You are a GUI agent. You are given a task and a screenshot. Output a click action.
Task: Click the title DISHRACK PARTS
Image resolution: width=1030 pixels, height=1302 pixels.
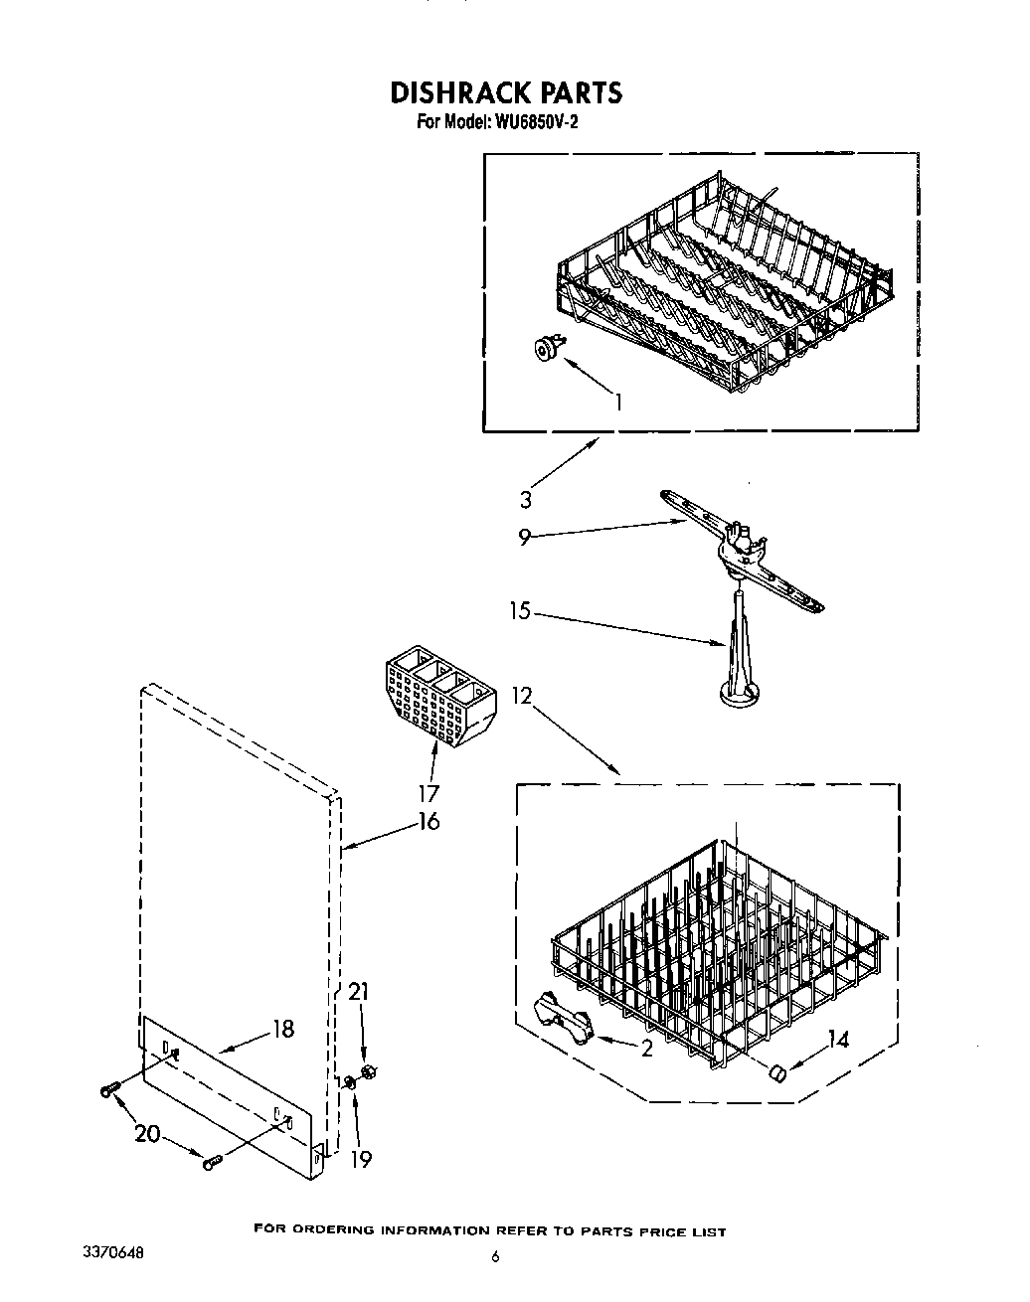[506, 92]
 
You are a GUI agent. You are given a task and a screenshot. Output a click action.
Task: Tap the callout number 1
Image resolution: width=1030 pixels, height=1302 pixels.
[618, 403]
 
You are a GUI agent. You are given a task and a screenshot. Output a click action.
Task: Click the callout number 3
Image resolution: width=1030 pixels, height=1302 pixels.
[526, 500]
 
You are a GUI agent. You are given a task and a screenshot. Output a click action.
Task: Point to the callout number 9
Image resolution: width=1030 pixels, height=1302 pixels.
[525, 538]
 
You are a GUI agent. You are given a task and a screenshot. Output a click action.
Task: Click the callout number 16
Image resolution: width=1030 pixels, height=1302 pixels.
[429, 821]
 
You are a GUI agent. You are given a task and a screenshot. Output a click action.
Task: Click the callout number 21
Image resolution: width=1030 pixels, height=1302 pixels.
[359, 991]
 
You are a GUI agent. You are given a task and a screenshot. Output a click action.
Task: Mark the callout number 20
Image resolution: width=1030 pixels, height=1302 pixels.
[147, 1133]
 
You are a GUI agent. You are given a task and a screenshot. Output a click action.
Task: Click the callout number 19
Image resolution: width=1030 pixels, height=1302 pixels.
[361, 1159]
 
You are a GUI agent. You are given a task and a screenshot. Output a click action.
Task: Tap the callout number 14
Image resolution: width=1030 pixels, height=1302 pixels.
[838, 1041]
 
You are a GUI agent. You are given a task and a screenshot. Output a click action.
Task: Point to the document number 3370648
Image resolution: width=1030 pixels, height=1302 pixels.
[118, 1254]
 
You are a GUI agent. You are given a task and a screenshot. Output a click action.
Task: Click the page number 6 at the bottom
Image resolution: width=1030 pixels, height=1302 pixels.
[494, 1256]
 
